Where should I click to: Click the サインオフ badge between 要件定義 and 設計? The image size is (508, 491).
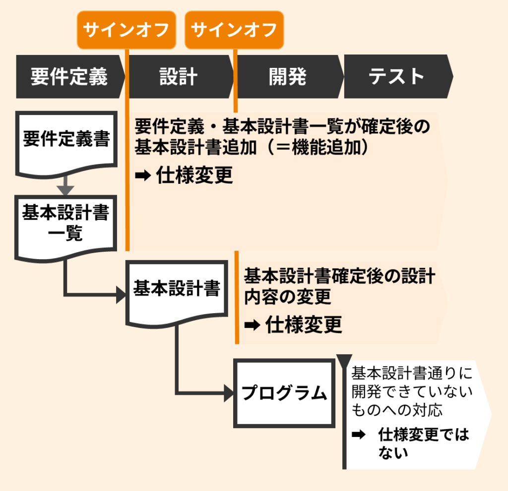(x=127, y=30)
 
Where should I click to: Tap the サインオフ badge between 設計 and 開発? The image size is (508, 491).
(x=234, y=30)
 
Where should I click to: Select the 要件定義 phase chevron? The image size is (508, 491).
(x=69, y=77)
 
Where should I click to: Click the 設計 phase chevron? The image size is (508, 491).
(x=179, y=77)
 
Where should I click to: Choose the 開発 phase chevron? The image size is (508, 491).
(x=288, y=77)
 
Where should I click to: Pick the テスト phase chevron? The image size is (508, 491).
(x=397, y=77)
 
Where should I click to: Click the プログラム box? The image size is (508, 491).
(x=284, y=393)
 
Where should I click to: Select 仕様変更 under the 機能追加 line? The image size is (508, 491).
(x=194, y=175)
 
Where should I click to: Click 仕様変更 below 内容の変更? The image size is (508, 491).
(x=304, y=325)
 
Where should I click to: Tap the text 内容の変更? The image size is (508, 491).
(x=288, y=297)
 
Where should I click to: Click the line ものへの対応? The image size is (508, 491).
(x=397, y=410)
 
